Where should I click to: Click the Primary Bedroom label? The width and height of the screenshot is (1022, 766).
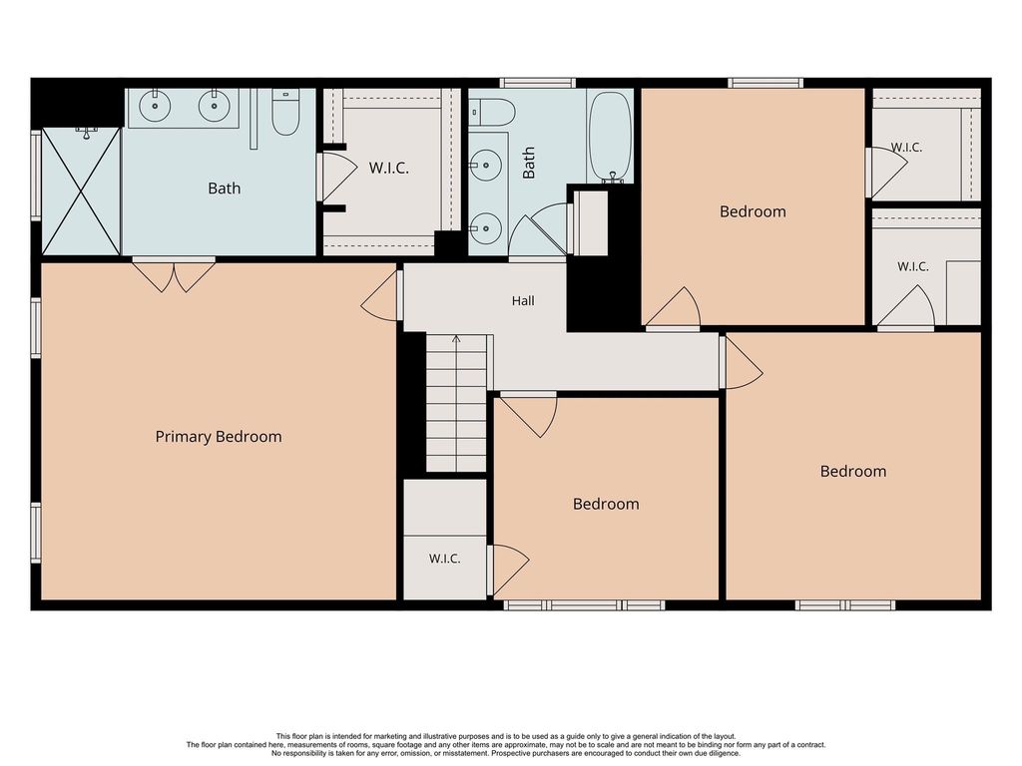click(219, 437)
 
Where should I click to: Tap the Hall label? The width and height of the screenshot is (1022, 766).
click(523, 301)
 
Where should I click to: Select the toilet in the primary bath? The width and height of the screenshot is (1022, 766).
click(285, 112)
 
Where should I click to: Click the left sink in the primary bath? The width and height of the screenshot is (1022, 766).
click(155, 106)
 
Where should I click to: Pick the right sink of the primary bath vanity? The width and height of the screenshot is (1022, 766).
click(214, 106)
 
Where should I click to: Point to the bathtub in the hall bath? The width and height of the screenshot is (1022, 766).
click(610, 136)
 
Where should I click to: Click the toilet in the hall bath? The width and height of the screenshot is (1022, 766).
click(493, 112)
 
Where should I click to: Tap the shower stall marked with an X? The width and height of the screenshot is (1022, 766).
click(81, 191)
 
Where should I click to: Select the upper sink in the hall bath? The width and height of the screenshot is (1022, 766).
click(485, 166)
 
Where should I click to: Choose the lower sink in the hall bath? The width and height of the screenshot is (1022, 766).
click(485, 227)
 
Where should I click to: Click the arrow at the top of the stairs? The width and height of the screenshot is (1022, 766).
click(456, 339)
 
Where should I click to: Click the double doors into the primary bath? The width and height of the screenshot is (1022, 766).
click(174, 275)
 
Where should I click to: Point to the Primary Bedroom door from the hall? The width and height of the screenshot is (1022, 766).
click(380, 296)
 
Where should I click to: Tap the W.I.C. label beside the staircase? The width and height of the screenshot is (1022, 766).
click(444, 559)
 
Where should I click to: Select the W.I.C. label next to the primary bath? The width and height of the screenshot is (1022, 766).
click(389, 168)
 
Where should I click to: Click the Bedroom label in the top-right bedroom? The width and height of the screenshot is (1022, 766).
click(753, 211)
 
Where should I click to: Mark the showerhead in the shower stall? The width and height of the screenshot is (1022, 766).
click(86, 133)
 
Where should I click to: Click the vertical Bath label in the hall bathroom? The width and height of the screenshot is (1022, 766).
click(529, 163)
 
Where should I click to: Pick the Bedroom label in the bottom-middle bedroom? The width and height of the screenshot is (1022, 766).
click(606, 504)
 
